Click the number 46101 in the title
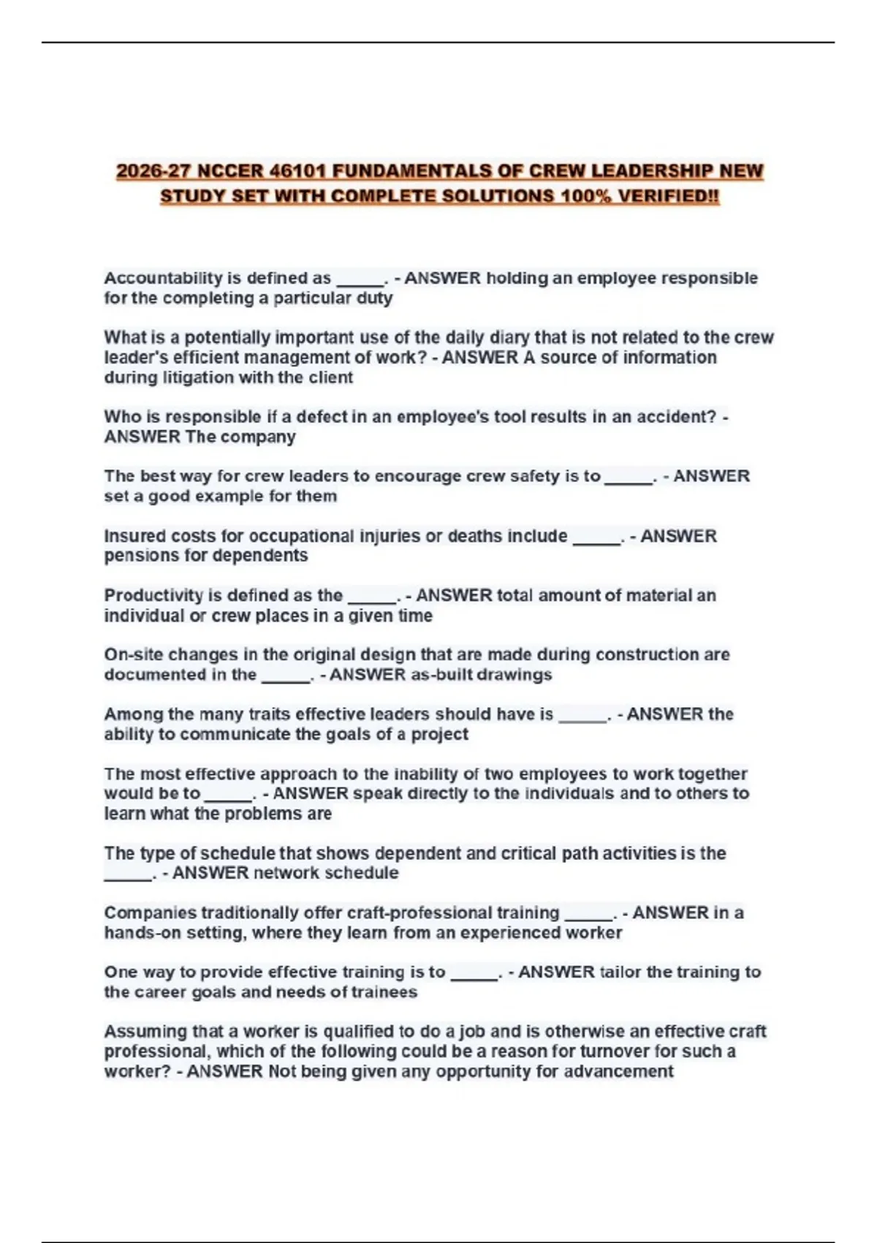click(x=298, y=171)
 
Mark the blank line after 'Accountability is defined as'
click(x=360, y=281)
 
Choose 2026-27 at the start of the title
click(x=153, y=171)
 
